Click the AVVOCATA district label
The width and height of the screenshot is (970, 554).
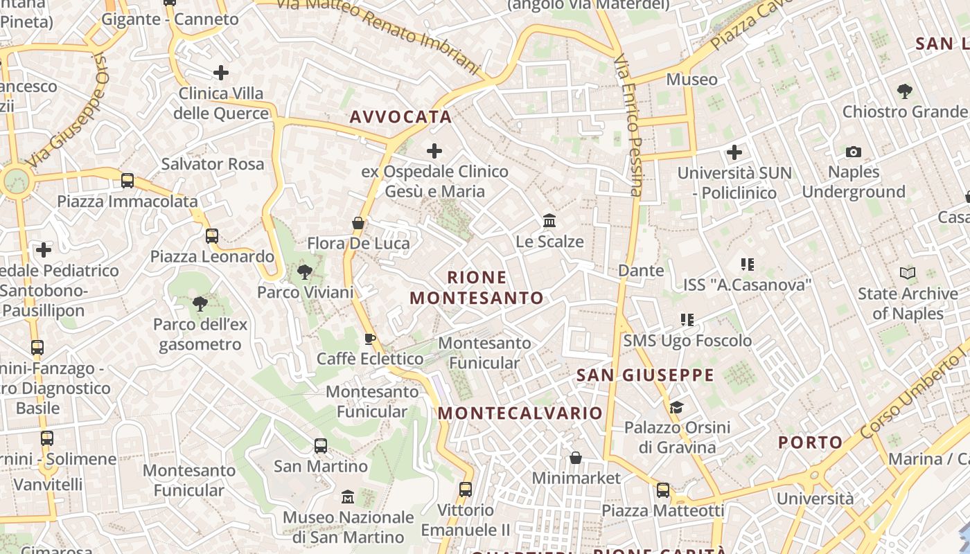tap(400, 117)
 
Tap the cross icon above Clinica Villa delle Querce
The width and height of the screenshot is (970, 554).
tap(221, 72)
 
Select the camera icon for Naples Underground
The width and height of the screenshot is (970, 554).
tap(854, 152)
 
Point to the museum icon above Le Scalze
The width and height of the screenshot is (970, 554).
tap(549, 221)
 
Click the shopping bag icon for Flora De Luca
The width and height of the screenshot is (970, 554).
tap(358, 223)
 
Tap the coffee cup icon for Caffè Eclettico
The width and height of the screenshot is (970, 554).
tap(370, 338)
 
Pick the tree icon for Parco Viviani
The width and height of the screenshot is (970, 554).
tap(304, 272)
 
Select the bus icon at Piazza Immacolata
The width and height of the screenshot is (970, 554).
tap(127, 181)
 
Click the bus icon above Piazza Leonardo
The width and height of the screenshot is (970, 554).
tap(212, 236)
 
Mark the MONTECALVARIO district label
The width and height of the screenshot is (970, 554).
tap(520, 413)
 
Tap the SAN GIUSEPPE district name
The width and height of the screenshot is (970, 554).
tap(645, 375)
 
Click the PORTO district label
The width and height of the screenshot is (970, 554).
tap(810, 443)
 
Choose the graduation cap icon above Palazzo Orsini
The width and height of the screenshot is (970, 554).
tap(676, 407)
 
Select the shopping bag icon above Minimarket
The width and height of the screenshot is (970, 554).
tap(576, 458)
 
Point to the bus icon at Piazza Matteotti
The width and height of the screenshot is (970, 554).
tap(663, 490)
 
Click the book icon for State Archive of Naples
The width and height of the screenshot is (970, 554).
tap(908, 273)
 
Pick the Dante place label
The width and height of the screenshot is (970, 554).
tap(641, 270)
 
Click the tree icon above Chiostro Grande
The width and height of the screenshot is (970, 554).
tap(904, 91)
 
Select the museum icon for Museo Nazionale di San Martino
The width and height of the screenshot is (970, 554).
tap(348, 497)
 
